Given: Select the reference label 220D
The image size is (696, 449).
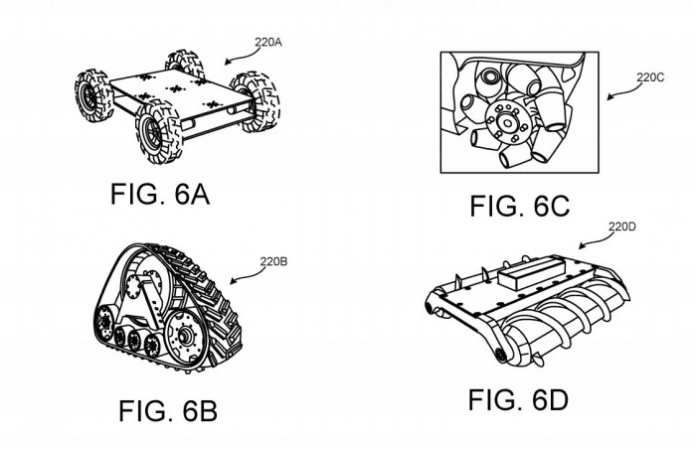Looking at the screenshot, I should [621, 226].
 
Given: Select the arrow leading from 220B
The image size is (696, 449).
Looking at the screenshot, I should [245, 274].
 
